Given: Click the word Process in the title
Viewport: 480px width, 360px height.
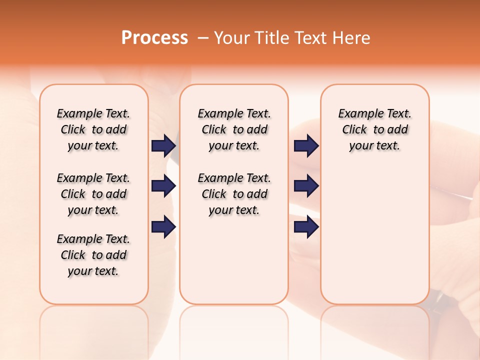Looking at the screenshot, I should (x=154, y=38).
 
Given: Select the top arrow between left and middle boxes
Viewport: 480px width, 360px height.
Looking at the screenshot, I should (x=163, y=145).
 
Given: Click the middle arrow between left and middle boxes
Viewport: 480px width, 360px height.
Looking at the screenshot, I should (x=163, y=186).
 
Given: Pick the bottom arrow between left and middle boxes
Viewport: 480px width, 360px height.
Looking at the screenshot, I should (x=163, y=227).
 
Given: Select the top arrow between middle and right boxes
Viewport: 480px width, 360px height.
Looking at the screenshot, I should (x=306, y=145).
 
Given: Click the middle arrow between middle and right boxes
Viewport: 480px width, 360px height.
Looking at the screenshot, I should (x=306, y=186).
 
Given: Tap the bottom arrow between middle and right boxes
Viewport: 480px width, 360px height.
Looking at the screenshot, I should (x=306, y=227).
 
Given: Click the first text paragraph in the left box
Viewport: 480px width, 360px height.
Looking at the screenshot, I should (x=93, y=129).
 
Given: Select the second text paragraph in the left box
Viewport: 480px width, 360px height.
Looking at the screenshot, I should (x=93, y=194).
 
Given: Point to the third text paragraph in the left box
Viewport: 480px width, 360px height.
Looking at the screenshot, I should (x=93, y=255).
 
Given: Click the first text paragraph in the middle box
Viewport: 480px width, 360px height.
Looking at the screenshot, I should (x=234, y=129).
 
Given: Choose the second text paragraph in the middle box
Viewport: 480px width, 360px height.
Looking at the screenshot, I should (x=234, y=194).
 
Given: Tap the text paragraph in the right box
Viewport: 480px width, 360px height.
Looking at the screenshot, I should (x=374, y=129).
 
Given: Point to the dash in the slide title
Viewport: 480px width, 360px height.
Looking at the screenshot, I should (x=202, y=38).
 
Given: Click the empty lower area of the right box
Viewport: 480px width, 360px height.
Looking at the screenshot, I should (x=374, y=240).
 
